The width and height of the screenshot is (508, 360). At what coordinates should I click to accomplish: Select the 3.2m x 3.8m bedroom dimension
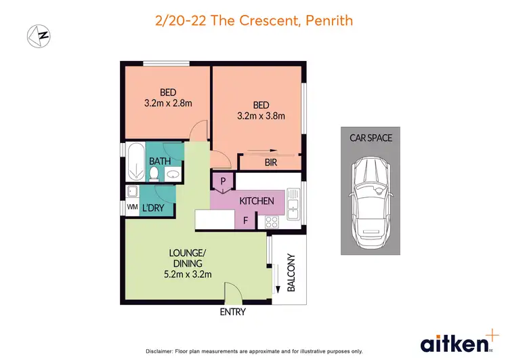coord(261,116)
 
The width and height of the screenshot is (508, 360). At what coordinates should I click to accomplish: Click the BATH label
coord(160,161)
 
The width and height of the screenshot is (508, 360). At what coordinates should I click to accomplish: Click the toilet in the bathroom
coord(154,175)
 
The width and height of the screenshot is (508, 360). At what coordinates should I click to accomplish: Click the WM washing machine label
coord(131,207)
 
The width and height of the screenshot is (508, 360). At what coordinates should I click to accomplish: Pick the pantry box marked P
coord(222,181)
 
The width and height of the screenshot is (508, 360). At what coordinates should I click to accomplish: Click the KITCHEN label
coord(257,201)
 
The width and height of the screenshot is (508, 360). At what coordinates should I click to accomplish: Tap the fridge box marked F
coord(245,220)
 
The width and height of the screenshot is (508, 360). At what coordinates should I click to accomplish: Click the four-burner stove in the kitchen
coord(272,220)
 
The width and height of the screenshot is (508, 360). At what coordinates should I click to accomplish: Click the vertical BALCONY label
coord(292,273)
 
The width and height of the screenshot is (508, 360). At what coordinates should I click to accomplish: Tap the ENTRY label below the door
coord(232,312)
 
